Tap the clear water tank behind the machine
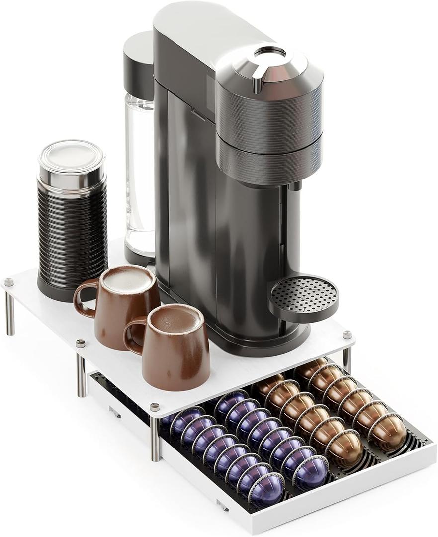point(139,174)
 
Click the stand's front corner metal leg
point(155,438)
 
